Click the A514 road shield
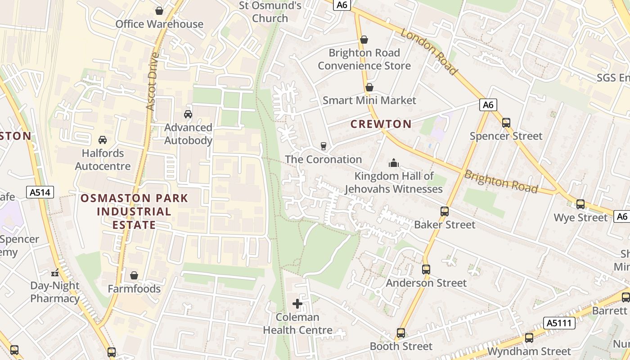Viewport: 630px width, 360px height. tap(40, 193)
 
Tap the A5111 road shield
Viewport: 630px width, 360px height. tap(559, 323)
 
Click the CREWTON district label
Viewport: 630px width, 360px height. tap(381, 124)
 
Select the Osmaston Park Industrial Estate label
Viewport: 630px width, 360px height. tap(134, 211)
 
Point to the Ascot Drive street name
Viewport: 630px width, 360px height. tap(153, 82)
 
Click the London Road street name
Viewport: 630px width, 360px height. tap(429, 52)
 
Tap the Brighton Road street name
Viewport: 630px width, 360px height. tap(500, 181)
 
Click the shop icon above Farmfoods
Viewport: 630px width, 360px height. tap(134, 275)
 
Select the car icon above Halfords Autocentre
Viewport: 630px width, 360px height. tap(103, 140)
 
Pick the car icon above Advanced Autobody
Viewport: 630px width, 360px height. tap(188, 114)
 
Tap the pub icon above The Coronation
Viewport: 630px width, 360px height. tap(323, 146)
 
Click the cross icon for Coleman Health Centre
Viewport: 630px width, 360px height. tap(297, 304)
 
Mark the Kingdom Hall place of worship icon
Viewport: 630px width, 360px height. tap(394, 162)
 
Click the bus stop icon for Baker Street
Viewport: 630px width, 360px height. tap(445, 211)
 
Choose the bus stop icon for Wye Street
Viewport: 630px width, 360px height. tap(580, 204)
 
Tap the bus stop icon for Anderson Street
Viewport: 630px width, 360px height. tap(426, 270)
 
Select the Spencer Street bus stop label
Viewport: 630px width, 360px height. tap(506, 136)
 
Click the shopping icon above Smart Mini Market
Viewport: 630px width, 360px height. tap(369, 87)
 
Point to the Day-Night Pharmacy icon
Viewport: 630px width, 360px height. tap(55, 272)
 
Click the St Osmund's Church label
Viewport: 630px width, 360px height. tap(270, 12)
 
